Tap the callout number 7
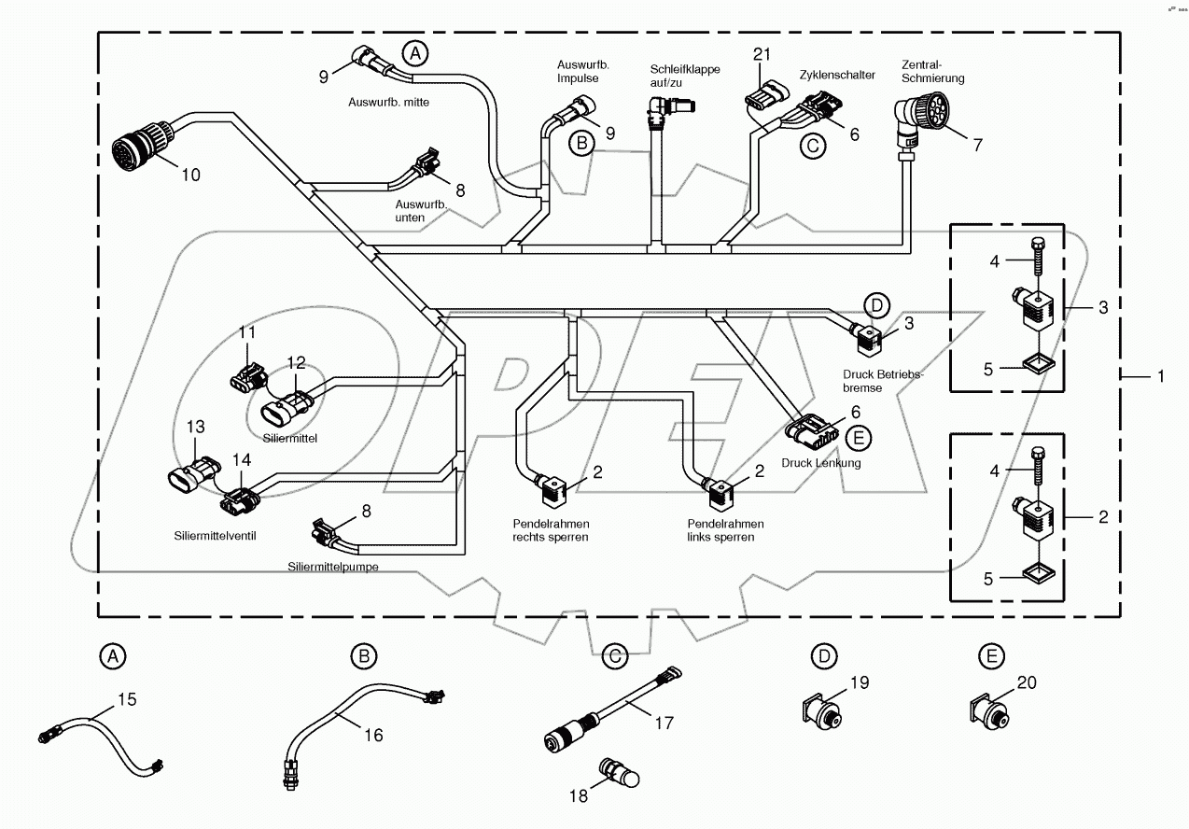[x=977, y=145]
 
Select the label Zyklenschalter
[x=836, y=75]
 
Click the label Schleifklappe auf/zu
[x=685, y=76]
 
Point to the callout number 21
[x=762, y=54]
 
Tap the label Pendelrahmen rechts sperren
[x=551, y=530]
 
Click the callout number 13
[x=195, y=427]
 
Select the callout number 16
[x=372, y=735]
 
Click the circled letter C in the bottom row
[x=613, y=656]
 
